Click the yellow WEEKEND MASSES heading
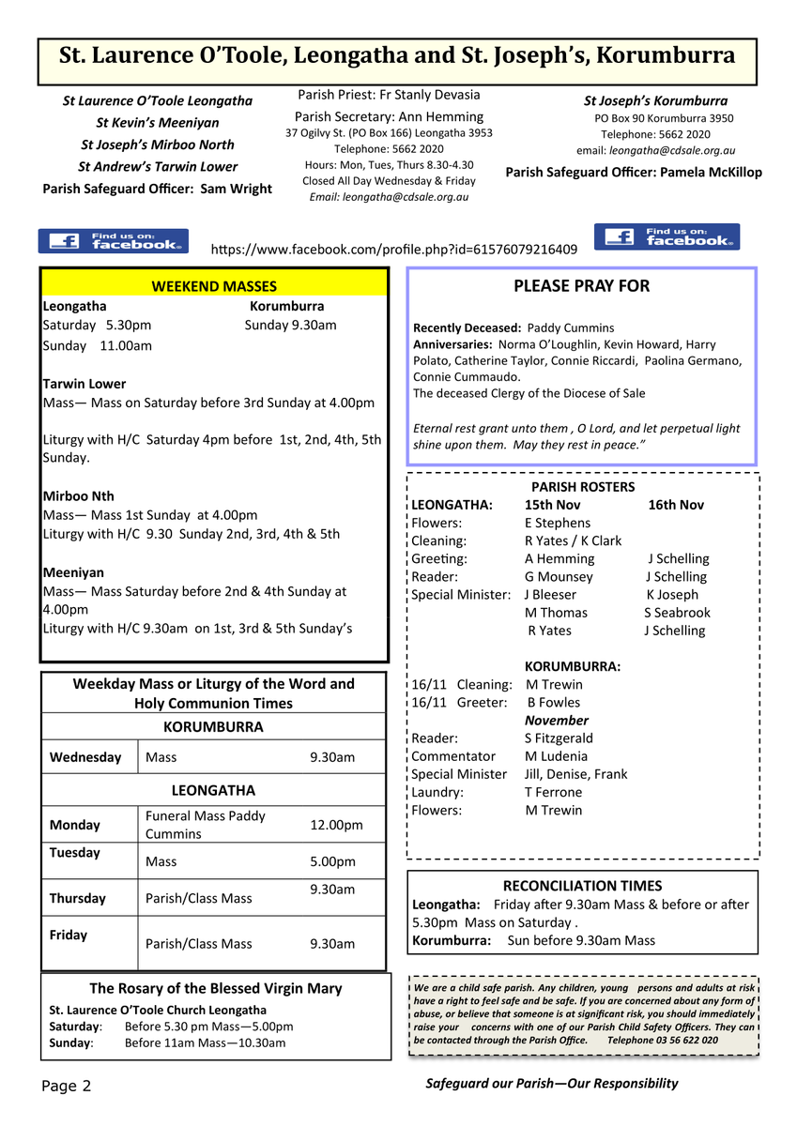click(x=214, y=286)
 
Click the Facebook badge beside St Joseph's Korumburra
click(x=667, y=236)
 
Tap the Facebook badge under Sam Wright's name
click(x=113, y=241)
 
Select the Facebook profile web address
click(x=394, y=250)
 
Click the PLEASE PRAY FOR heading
click(x=581, y=286)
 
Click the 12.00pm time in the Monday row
click(x=336, y=825)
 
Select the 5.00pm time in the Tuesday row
click(x=332, y=861)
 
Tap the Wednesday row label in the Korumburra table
click(x=85, y=757)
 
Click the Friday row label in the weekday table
click(x=69, y=935)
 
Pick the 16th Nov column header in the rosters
click(x=676, y=505)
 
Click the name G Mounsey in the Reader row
click(x=559, y=577)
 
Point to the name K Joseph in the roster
click(x=672, y=595)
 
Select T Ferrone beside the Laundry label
click(x=553, y=792)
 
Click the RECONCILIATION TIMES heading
click(x=582, y=886)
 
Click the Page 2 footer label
click(x=67, y=1086)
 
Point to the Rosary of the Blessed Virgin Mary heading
click(x=215, y=988)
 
